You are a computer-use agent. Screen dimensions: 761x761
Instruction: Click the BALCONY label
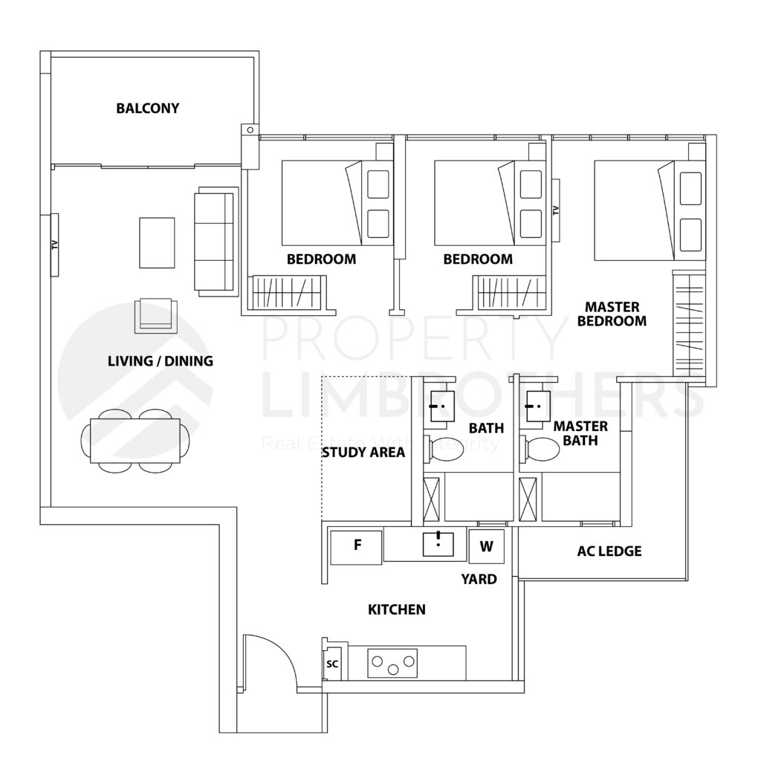pyautogui.click(x=147, y=109)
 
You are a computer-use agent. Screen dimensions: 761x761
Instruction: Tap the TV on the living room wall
pyautogui.click(x=54, y=245)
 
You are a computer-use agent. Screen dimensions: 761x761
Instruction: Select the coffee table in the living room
pyautogui.click(x=157, y=242)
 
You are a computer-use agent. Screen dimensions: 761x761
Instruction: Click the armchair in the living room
pyautogui.click(x=156, y=314)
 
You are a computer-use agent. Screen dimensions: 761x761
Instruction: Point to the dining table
pyautogui.click(x=135, y=441)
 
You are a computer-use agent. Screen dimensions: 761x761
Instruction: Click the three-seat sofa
pyautogui.click(x=216, y=241)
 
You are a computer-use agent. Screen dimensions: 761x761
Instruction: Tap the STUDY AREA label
pyautogui.click(x=363, y=452)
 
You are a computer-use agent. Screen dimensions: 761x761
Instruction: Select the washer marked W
pyautogui.click(x=486, y=546)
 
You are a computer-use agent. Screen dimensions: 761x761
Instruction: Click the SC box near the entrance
pyautogui.click(x=332, y=666)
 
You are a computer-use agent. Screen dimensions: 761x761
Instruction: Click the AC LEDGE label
pyautogui.click(x=609, y=551)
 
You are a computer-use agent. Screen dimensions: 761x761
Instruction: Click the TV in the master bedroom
pyautogui.click(x=555, y=209)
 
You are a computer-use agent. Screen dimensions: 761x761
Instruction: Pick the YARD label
pyautogui.click(x=479, y=579)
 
